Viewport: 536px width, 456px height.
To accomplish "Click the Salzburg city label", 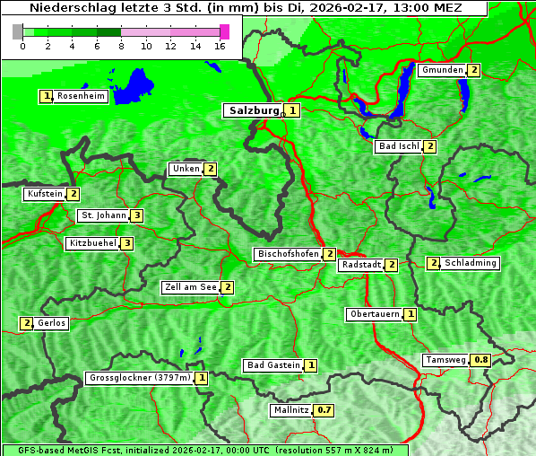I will click(254, 110).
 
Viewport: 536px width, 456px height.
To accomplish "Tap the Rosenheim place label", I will click(81, 96).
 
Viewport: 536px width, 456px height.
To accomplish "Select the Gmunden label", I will click(441, 70).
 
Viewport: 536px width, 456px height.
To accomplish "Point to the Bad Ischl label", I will click(398, 146).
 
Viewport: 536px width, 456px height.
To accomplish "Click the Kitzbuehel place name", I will click(92, 243).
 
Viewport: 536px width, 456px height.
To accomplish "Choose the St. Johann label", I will click(102, 215).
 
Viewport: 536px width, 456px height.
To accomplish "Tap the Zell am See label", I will click(190, 287).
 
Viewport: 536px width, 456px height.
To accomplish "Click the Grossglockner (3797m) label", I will click(140, 378).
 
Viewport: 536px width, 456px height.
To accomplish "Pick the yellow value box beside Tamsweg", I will click(481, 360).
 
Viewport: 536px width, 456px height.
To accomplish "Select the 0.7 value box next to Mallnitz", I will click(324, 410).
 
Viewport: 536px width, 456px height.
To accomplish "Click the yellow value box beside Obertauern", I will click(410, 314).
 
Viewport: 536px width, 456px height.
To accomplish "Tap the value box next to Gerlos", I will click(27, 323).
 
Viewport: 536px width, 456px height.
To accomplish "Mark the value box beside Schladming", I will click(434, 263).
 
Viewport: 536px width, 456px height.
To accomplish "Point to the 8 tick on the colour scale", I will click(121, 45).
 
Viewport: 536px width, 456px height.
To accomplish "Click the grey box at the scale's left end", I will click(18, 31).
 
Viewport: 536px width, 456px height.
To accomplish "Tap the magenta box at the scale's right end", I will click(224, 31).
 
